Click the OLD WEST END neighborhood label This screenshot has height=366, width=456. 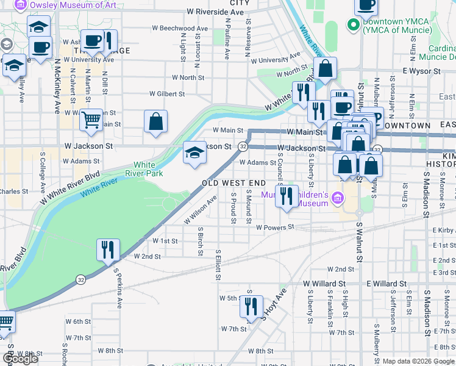[234, 183]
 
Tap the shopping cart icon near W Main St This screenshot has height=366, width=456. [91, 120]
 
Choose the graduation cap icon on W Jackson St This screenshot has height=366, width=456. [194, 152]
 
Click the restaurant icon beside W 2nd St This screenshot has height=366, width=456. [108, 249]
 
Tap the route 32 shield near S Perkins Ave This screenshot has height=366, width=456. [80, 279]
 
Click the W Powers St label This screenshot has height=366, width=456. [275, 227]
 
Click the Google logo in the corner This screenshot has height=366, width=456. [21, 359]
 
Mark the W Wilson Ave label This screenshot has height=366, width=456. [201, 209]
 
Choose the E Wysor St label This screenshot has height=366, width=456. [421, 71]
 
